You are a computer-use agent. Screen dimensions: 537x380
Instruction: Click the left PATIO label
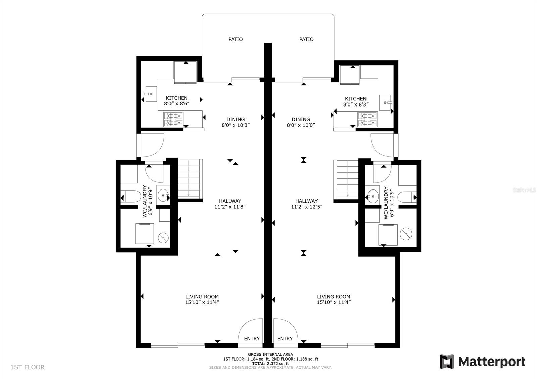point(235,39)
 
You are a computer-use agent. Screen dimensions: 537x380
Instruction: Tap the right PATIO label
point(306,39)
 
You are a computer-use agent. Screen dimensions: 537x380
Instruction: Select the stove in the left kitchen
point(173,119)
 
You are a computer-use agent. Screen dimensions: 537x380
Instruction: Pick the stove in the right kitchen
point(367,119)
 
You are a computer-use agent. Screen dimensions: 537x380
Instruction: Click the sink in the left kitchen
point(151,94)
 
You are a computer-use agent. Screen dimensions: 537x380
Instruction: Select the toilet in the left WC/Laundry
point(131,196)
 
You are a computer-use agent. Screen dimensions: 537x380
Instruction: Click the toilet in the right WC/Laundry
point(407,197)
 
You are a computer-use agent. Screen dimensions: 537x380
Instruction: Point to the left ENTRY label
point(252,338)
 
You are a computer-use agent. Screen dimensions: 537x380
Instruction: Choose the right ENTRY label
point(285,338)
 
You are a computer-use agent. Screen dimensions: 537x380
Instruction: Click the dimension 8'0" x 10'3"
point(235,125)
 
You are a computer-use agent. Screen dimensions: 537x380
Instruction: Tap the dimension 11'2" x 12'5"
point(306,207)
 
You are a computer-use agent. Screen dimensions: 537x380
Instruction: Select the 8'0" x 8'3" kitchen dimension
point(356,104)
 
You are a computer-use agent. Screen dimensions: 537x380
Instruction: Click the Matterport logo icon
point(447,362)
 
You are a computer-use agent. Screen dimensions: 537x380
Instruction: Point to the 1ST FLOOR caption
point(28,367)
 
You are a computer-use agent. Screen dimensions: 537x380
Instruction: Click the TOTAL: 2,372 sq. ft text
point(271,364)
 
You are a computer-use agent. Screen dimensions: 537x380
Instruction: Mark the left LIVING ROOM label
point(202,297)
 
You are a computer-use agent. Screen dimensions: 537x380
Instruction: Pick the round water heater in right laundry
point(406,234)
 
